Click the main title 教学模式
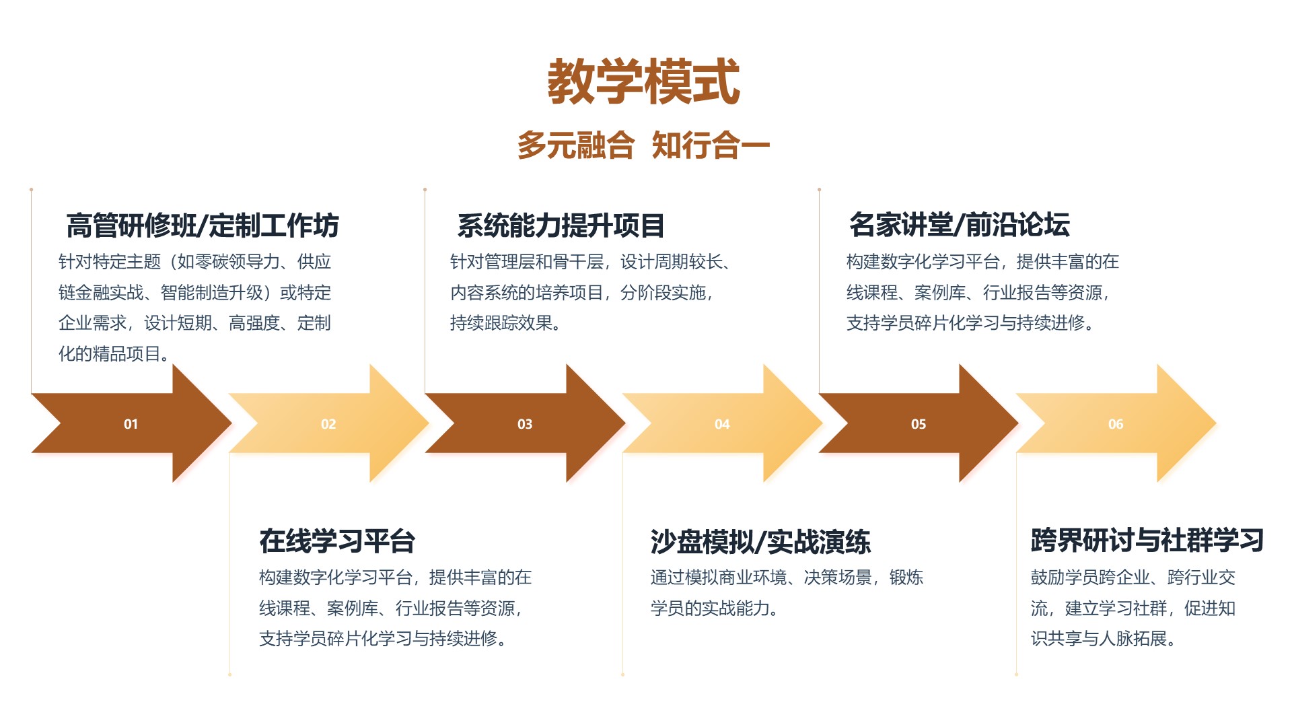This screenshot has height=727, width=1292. pos(644,81)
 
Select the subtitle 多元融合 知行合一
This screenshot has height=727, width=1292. pos(643,145)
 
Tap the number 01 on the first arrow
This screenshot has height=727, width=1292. pos(131,424)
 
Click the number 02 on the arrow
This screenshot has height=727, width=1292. pos(328,424)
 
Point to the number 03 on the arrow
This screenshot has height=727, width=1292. pos(525,424)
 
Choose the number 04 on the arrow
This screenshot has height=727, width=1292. pos(722,424)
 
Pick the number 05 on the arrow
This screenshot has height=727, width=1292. pos(919,424)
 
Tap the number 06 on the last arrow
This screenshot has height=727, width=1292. pos(1116,424)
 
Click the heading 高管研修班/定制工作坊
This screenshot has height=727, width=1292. pos(203,225)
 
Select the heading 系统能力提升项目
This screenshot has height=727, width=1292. pos(561,225)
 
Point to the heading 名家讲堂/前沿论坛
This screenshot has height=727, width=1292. pos(960,224)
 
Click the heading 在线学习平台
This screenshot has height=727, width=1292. pos(338,541)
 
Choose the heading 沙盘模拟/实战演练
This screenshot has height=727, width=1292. pos(760,541)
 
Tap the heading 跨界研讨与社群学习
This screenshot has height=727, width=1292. pos(1147,540)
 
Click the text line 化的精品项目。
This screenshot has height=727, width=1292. pos(114,353)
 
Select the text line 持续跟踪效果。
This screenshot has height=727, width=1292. pos(506,323)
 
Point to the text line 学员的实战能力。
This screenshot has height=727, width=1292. pos(715,608)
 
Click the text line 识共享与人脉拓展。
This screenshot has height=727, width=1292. pos(1104,638)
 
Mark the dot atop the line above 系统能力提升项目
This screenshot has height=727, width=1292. pos(425,190)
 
